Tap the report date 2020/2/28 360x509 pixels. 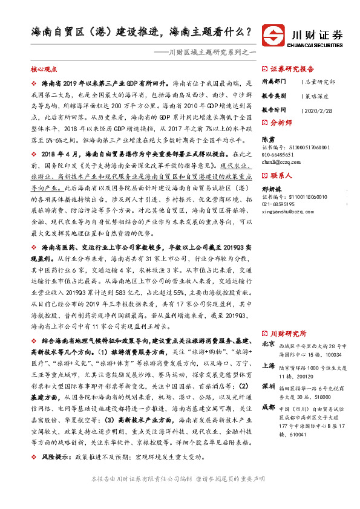pyautogui.click(x=319, y=111)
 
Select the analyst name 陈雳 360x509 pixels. pyautogui.click(x=268, y=138)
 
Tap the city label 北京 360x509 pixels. pyautogui.click(x=268, y=343)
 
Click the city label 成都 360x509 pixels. pyautogui.click(x=268, y=406)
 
